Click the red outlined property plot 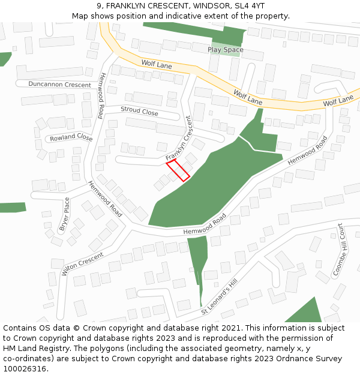[178, 170]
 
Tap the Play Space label [226, 50]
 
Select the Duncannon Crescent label [59, 85]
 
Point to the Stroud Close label [139, 110]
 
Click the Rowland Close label [71, 137]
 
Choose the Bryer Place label [65, 214]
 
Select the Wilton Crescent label [82, 263]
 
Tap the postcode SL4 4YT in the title [249, 7]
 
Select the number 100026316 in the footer [23, 369]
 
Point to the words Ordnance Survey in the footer [310, 359]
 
